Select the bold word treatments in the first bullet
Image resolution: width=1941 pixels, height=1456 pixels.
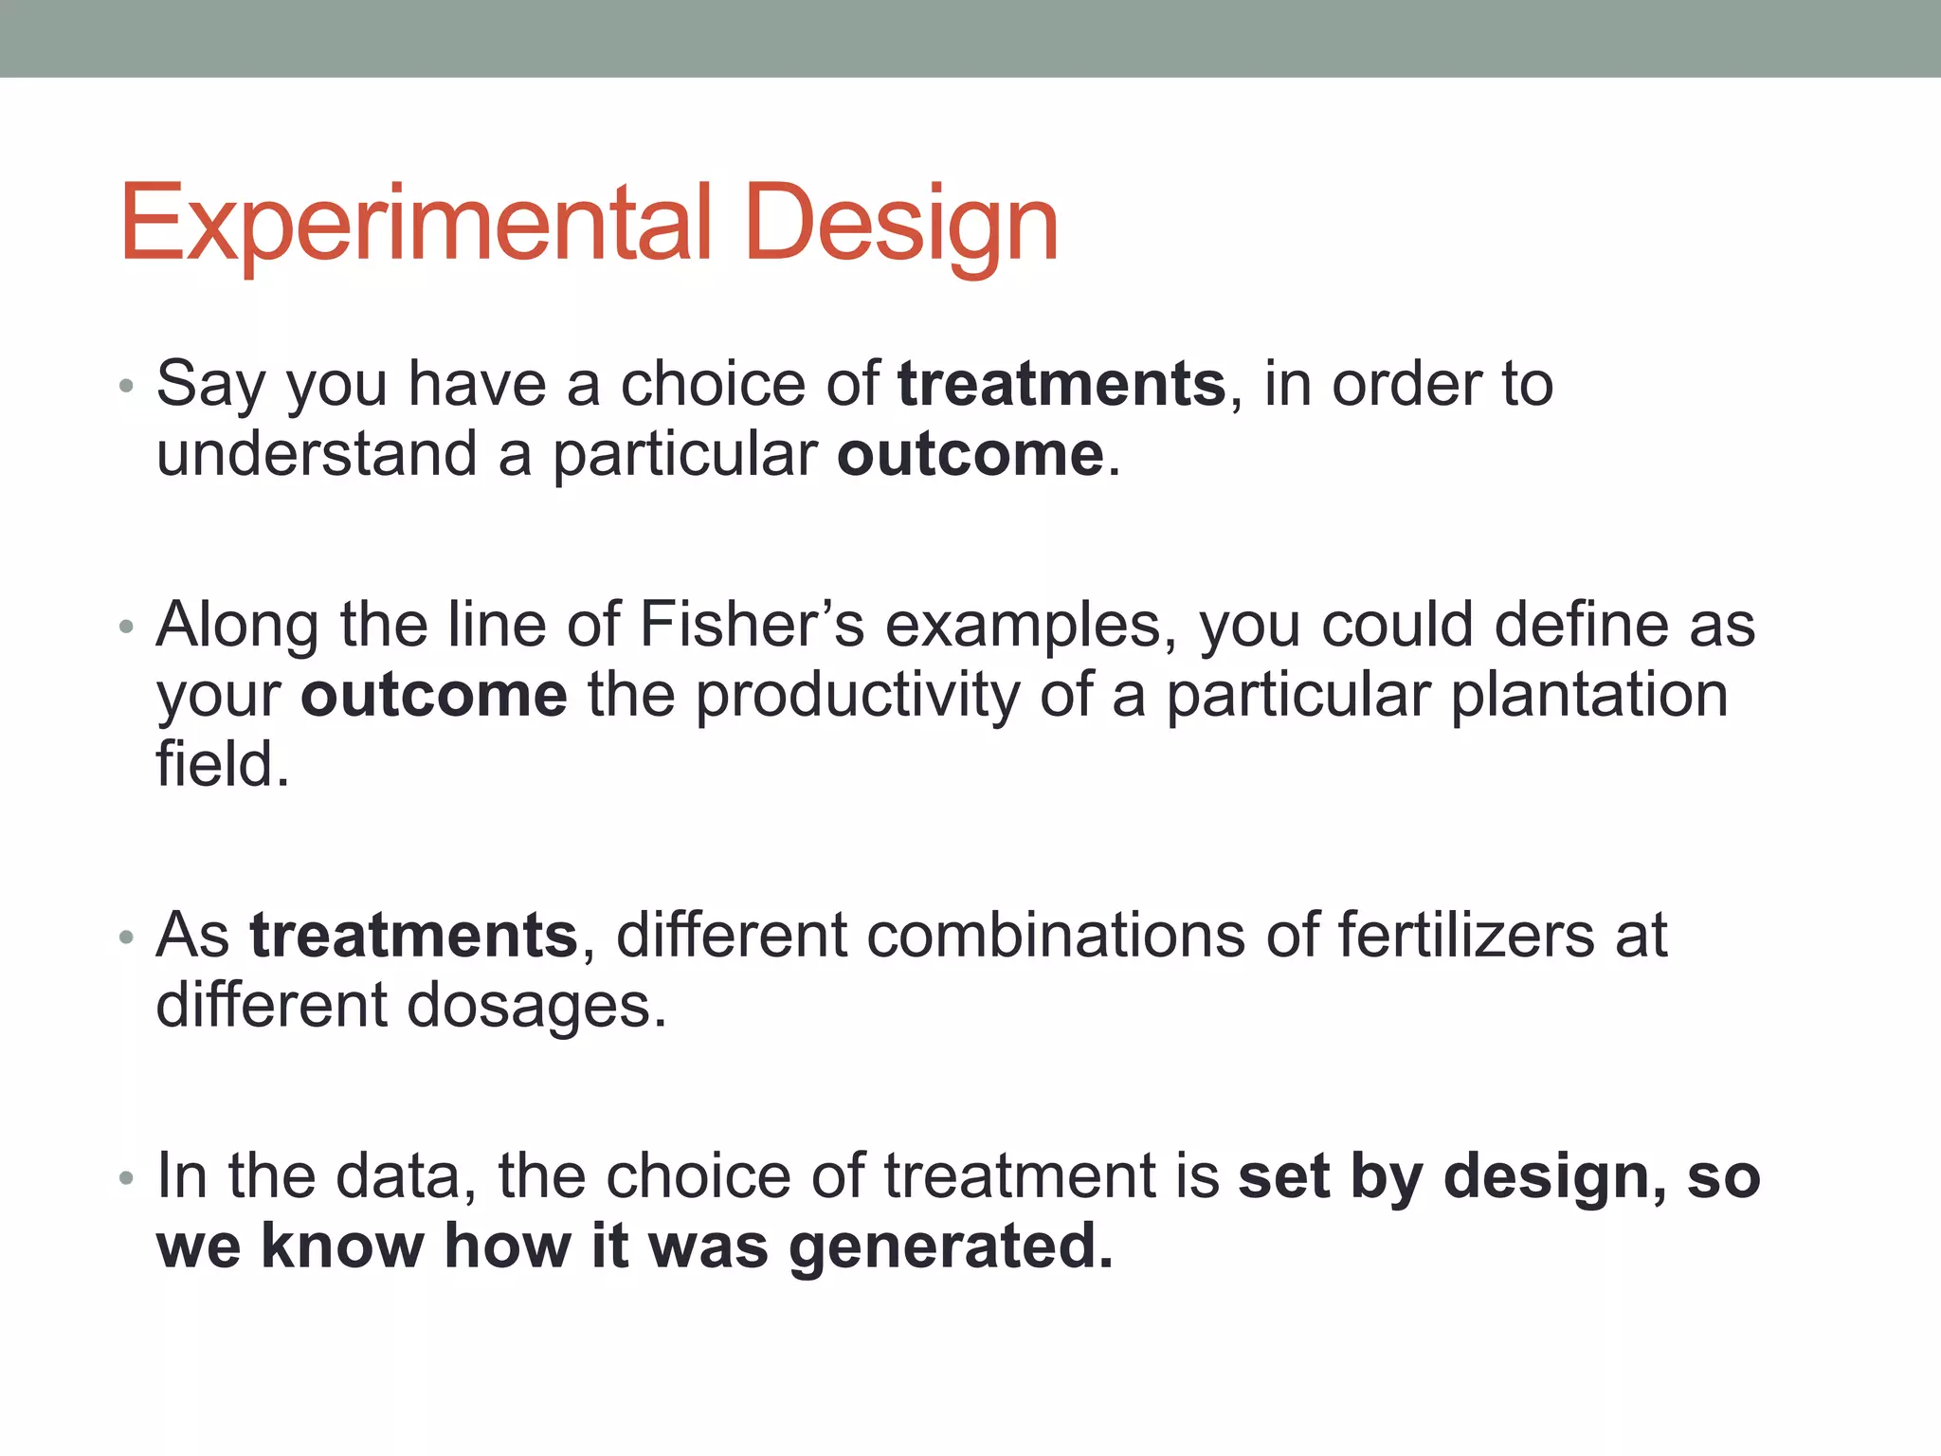[1061, 384]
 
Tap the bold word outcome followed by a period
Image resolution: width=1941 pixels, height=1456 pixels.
[970, 454]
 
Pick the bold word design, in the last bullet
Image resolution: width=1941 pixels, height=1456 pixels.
[1554, 1176]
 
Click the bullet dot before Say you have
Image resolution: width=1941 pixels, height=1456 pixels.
[127, 387]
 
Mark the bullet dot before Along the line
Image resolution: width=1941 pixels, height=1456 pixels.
[127, 628]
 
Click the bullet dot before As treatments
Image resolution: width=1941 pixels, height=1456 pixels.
[127, 938]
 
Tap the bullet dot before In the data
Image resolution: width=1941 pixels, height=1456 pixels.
[127, 1179]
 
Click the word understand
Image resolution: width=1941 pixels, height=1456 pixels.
[317, 454]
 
